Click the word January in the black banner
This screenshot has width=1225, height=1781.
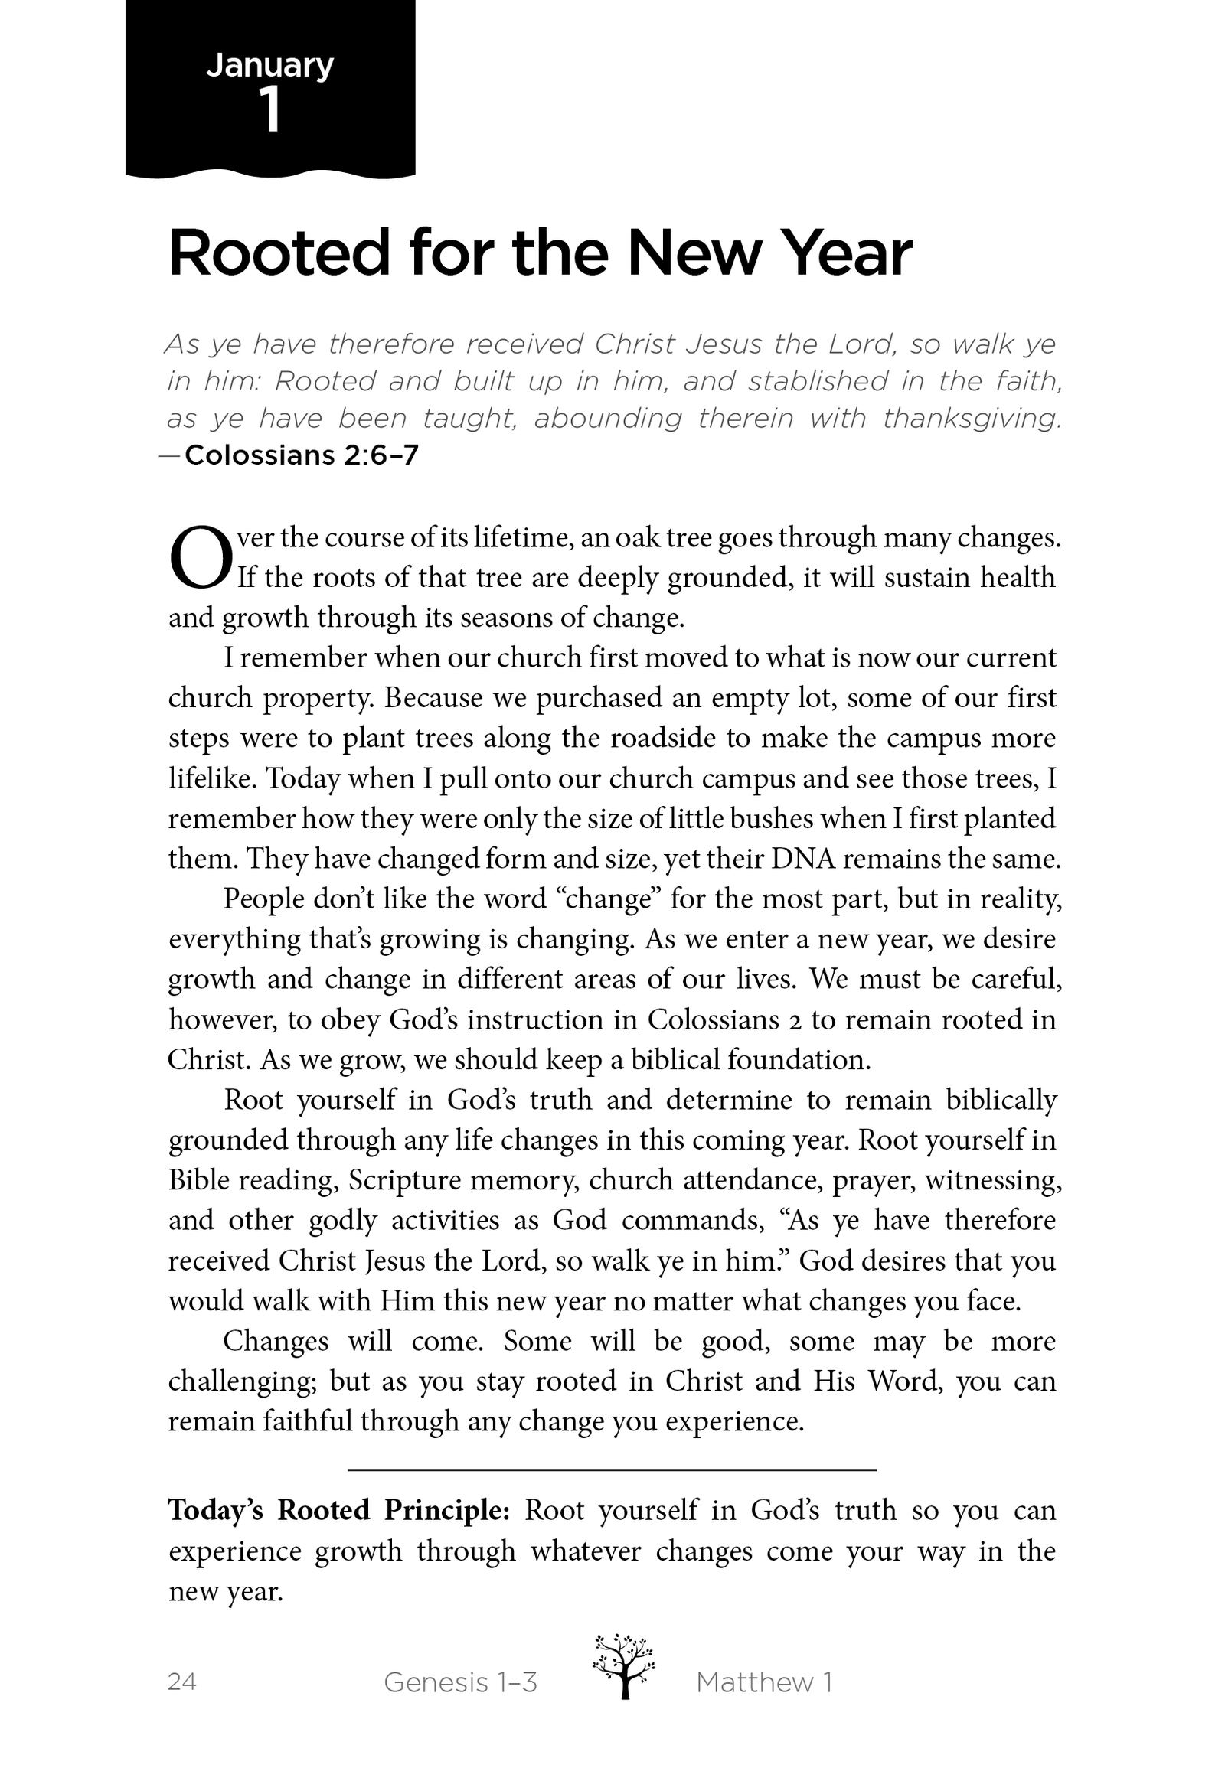(x=269, y=67)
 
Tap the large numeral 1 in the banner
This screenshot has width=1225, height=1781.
(x=270, y=110)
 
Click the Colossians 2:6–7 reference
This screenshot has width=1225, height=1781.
(x=301, y=456)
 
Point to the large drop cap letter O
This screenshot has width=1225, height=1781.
(x=200, y=558)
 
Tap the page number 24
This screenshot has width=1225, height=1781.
(x=182, y=1682)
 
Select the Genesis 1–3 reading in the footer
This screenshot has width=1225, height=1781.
(x=460, y=1682)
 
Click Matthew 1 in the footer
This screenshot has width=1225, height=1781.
(x=763, y=1682)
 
